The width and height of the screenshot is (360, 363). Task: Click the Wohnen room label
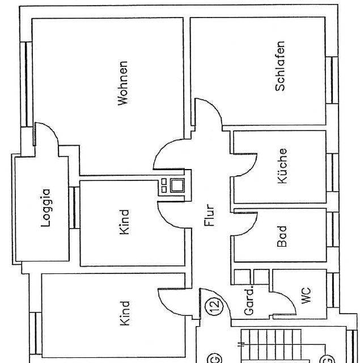tap(122, 83)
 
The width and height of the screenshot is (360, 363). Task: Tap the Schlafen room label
tap(280, 66)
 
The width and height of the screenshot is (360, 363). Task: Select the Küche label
tap(282, 166)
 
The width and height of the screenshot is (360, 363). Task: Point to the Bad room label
tap(282, 237)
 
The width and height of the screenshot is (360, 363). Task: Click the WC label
tap(306, 296)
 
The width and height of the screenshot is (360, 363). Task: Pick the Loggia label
tap(45, 208)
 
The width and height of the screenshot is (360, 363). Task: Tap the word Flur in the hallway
tap(210, 215)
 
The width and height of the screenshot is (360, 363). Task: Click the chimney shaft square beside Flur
tap(177, 185)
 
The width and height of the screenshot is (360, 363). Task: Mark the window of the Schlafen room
tap(332, 80)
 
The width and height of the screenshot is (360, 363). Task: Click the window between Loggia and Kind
tap(74, 208)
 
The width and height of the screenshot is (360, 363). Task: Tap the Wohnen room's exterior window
tap(26, 84)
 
